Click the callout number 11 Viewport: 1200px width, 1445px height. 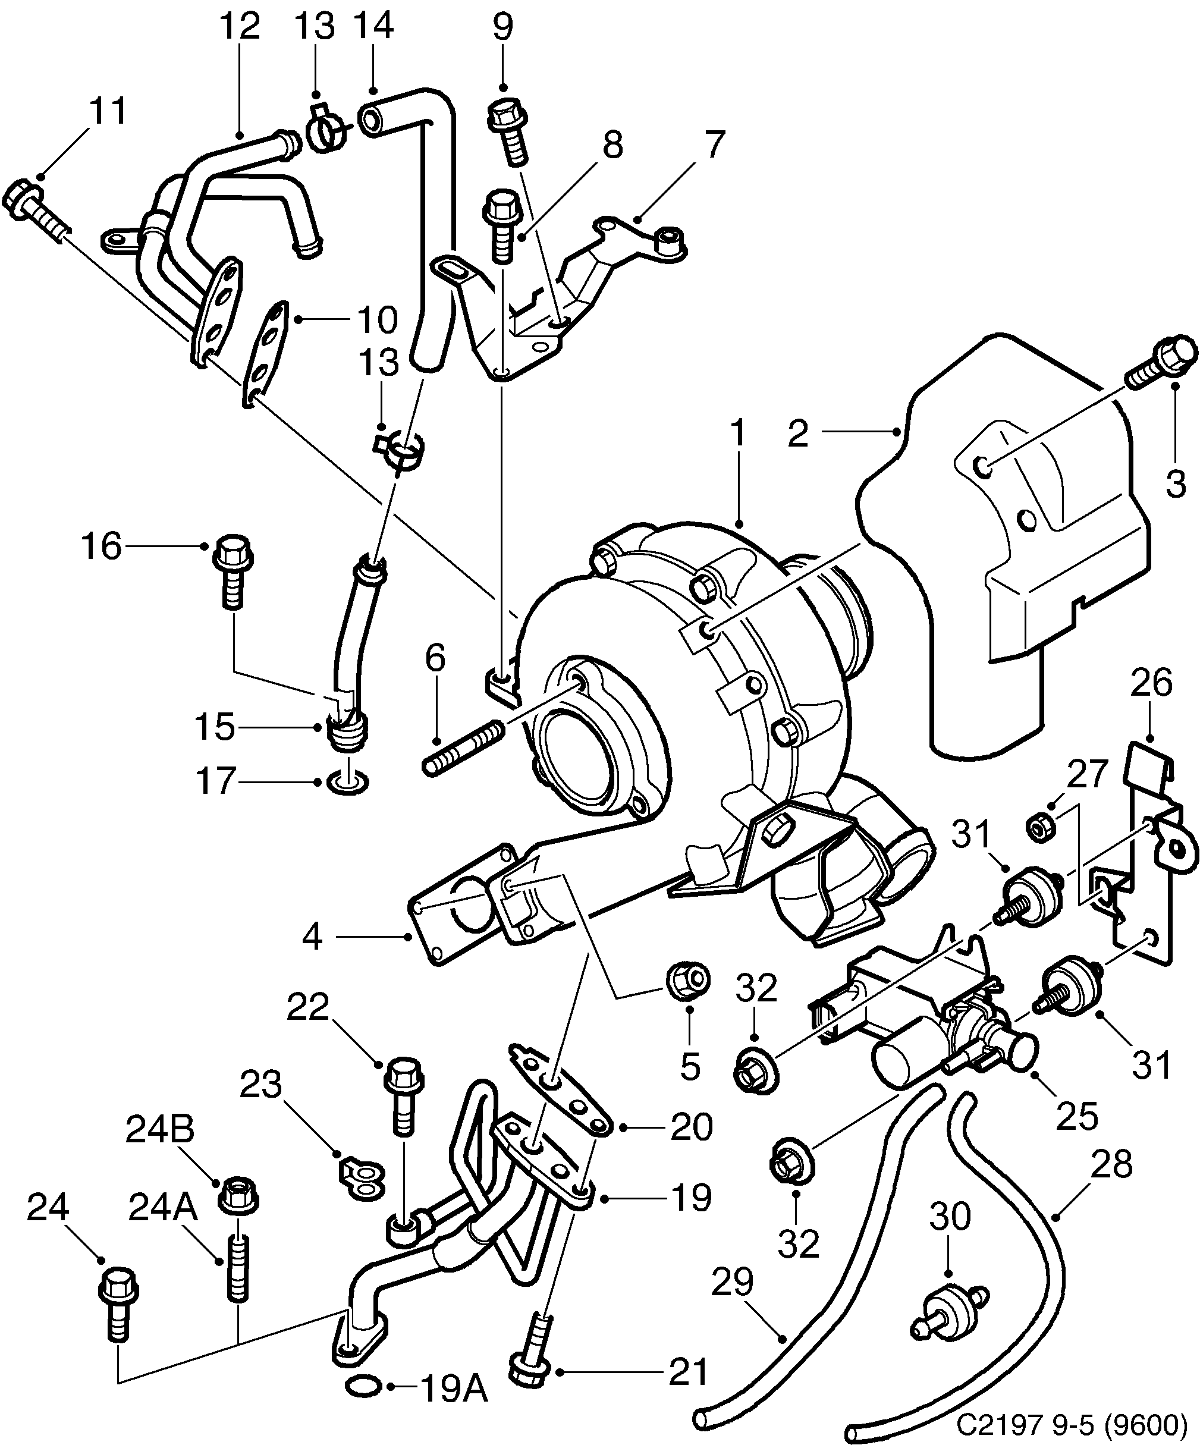pyautogui.click(x=108, y=111)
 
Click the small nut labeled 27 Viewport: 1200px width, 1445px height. pyautogui.click(x=1037, y=826)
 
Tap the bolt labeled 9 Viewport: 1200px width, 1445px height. pyautogui.click(x=509, y=131)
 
